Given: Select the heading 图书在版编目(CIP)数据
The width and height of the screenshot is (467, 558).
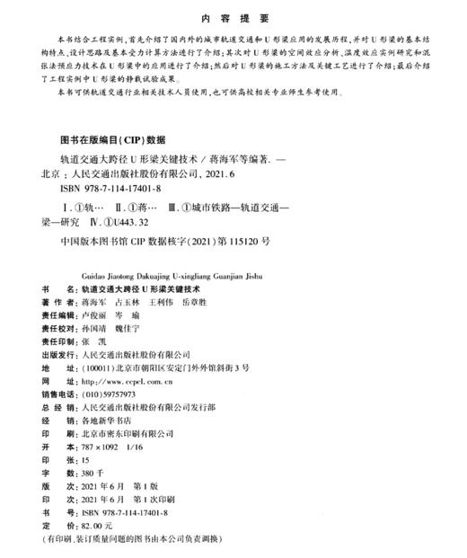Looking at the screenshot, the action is (x=112, y=140).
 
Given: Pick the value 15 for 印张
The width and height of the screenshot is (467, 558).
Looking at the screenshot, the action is (x=85, y=457).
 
